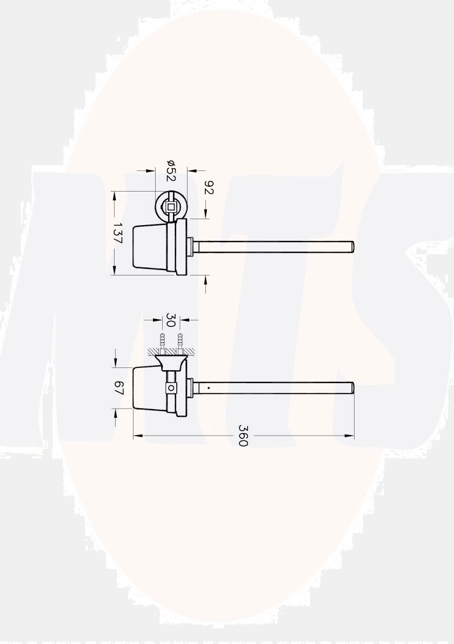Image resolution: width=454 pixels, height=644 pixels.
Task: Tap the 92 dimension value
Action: point(210,188)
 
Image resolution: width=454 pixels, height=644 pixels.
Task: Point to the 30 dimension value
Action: point(171,320)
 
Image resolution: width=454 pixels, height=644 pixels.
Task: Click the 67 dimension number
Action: point(119,388)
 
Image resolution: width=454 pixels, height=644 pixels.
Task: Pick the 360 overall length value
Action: point(243,436)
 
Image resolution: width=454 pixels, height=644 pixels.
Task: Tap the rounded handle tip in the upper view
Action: point(352,247)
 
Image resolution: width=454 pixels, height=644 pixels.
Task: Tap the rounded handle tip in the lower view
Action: point(352,387)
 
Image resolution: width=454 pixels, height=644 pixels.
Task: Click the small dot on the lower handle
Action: point(208,387)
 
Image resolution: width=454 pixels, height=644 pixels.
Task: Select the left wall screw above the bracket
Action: point(162,342)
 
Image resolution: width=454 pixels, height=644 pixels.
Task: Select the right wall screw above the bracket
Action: point(180,342)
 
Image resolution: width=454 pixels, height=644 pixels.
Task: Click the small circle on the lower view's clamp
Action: point(171,387)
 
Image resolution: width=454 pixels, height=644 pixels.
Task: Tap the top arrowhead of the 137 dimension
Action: point(115,195)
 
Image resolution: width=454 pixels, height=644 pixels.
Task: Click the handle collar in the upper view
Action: point(190,247)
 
